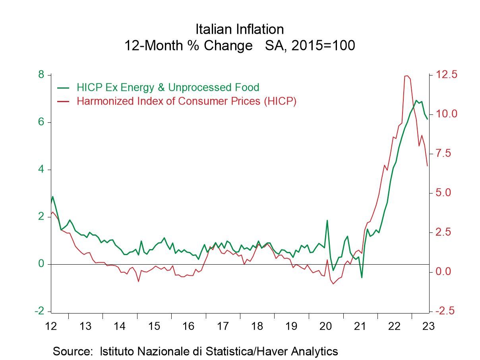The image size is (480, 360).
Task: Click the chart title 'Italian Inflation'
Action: (240, 29)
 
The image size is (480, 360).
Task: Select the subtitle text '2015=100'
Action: (323, 46)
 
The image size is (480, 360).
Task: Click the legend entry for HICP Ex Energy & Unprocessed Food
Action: (168, 87)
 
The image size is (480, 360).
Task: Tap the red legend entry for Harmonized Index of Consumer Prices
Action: (186, 101)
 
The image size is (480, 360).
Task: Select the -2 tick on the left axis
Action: (40, 311)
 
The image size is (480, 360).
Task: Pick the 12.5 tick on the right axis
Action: (446, 75)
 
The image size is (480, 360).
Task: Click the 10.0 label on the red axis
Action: (446, 114)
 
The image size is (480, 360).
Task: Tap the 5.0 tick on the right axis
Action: (446, 193)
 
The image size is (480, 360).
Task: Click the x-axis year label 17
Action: (223, 326)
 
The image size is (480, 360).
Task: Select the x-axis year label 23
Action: (428, 326)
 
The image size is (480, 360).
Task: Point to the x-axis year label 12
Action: (51, 326)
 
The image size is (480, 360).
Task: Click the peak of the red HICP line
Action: (406, 76)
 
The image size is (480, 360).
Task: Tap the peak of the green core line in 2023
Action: (416, 100)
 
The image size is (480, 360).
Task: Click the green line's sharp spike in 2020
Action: (327, 220)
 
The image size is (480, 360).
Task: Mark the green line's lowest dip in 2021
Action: (362, 277)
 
